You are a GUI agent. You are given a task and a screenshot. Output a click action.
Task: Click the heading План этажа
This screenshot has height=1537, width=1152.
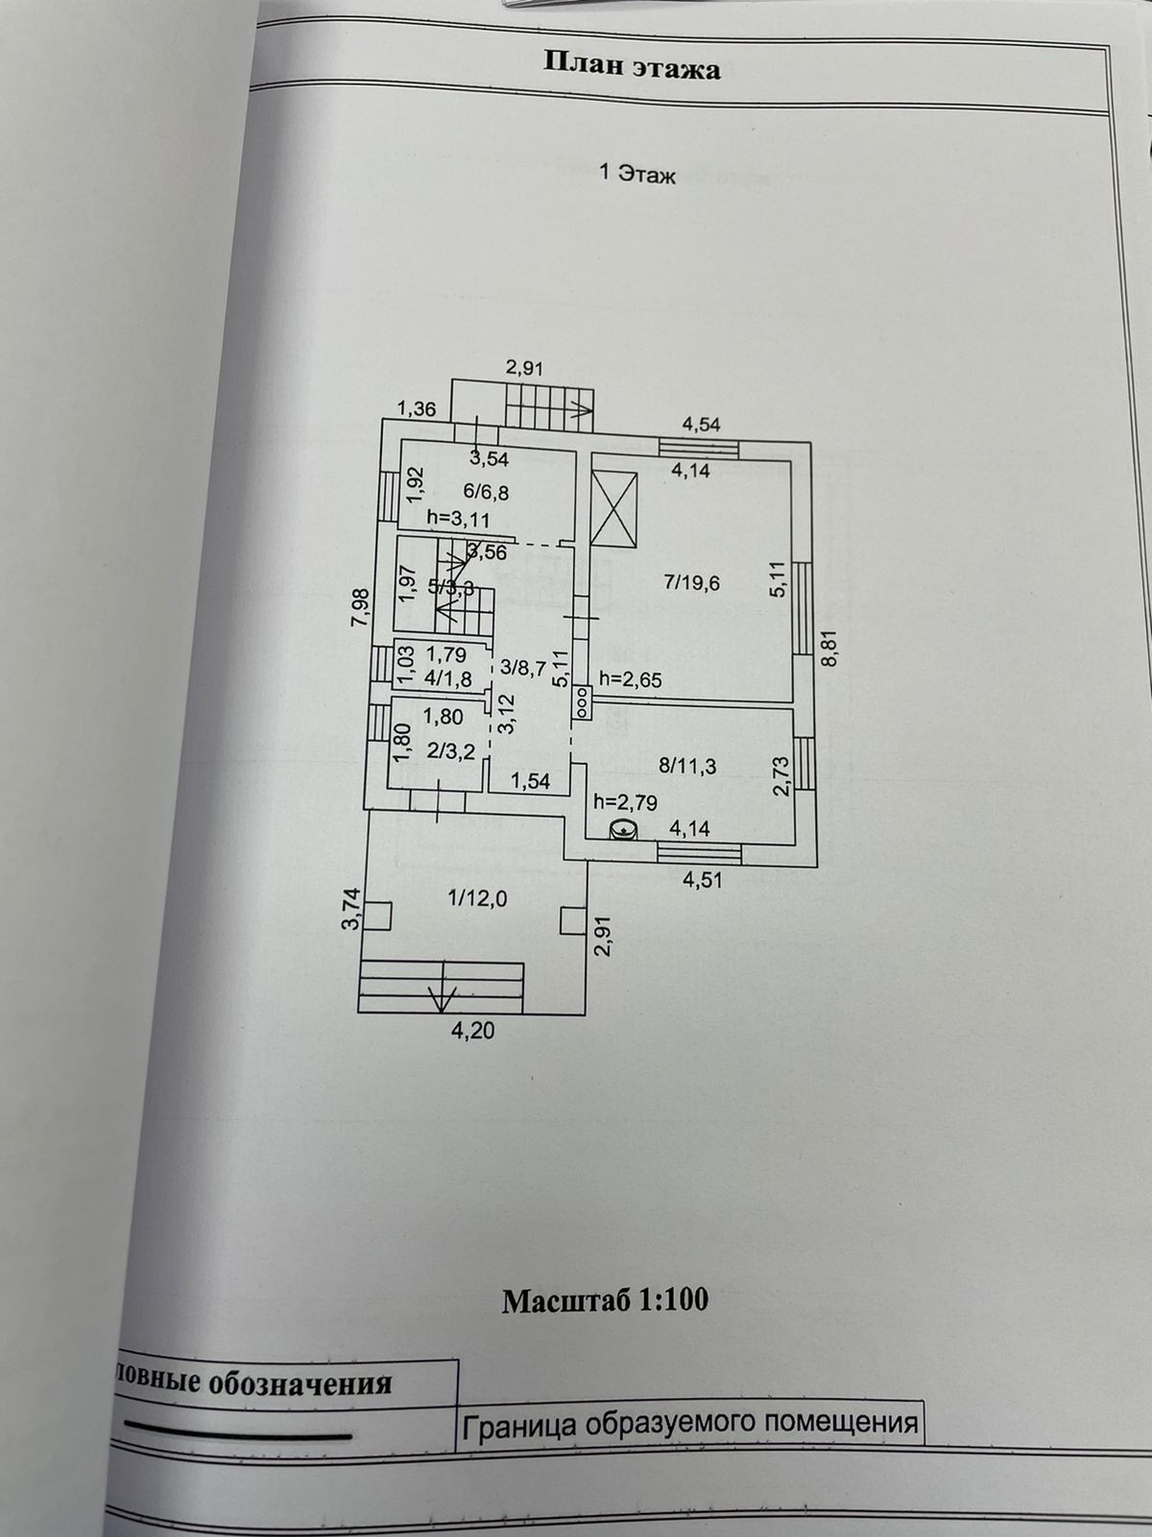(x=632, y=66)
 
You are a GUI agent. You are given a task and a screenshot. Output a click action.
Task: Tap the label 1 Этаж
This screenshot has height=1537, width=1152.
(x=636, y=175)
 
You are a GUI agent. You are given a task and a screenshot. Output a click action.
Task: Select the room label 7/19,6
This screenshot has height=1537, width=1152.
(x=691, y=581)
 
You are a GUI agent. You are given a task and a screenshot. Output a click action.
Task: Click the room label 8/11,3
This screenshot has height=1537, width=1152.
(x=688, y=766)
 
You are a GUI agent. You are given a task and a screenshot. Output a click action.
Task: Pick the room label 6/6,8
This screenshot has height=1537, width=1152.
(x=486, y=491)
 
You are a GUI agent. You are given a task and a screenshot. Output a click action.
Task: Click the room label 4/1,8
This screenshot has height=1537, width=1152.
(x=446, y=679)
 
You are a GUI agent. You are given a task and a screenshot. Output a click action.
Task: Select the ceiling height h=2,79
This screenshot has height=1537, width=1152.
(x=626, y=801)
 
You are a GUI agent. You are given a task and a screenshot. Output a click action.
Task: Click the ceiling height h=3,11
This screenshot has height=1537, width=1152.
(x=459, y=520)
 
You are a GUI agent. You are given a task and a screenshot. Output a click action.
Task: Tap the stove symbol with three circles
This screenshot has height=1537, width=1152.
(x=583, y=704)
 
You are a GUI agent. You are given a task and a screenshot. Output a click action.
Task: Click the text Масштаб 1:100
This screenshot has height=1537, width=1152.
(x=605, y=1301)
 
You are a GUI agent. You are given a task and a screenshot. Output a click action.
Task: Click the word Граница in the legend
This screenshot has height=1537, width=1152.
(x=518, y=1423)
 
